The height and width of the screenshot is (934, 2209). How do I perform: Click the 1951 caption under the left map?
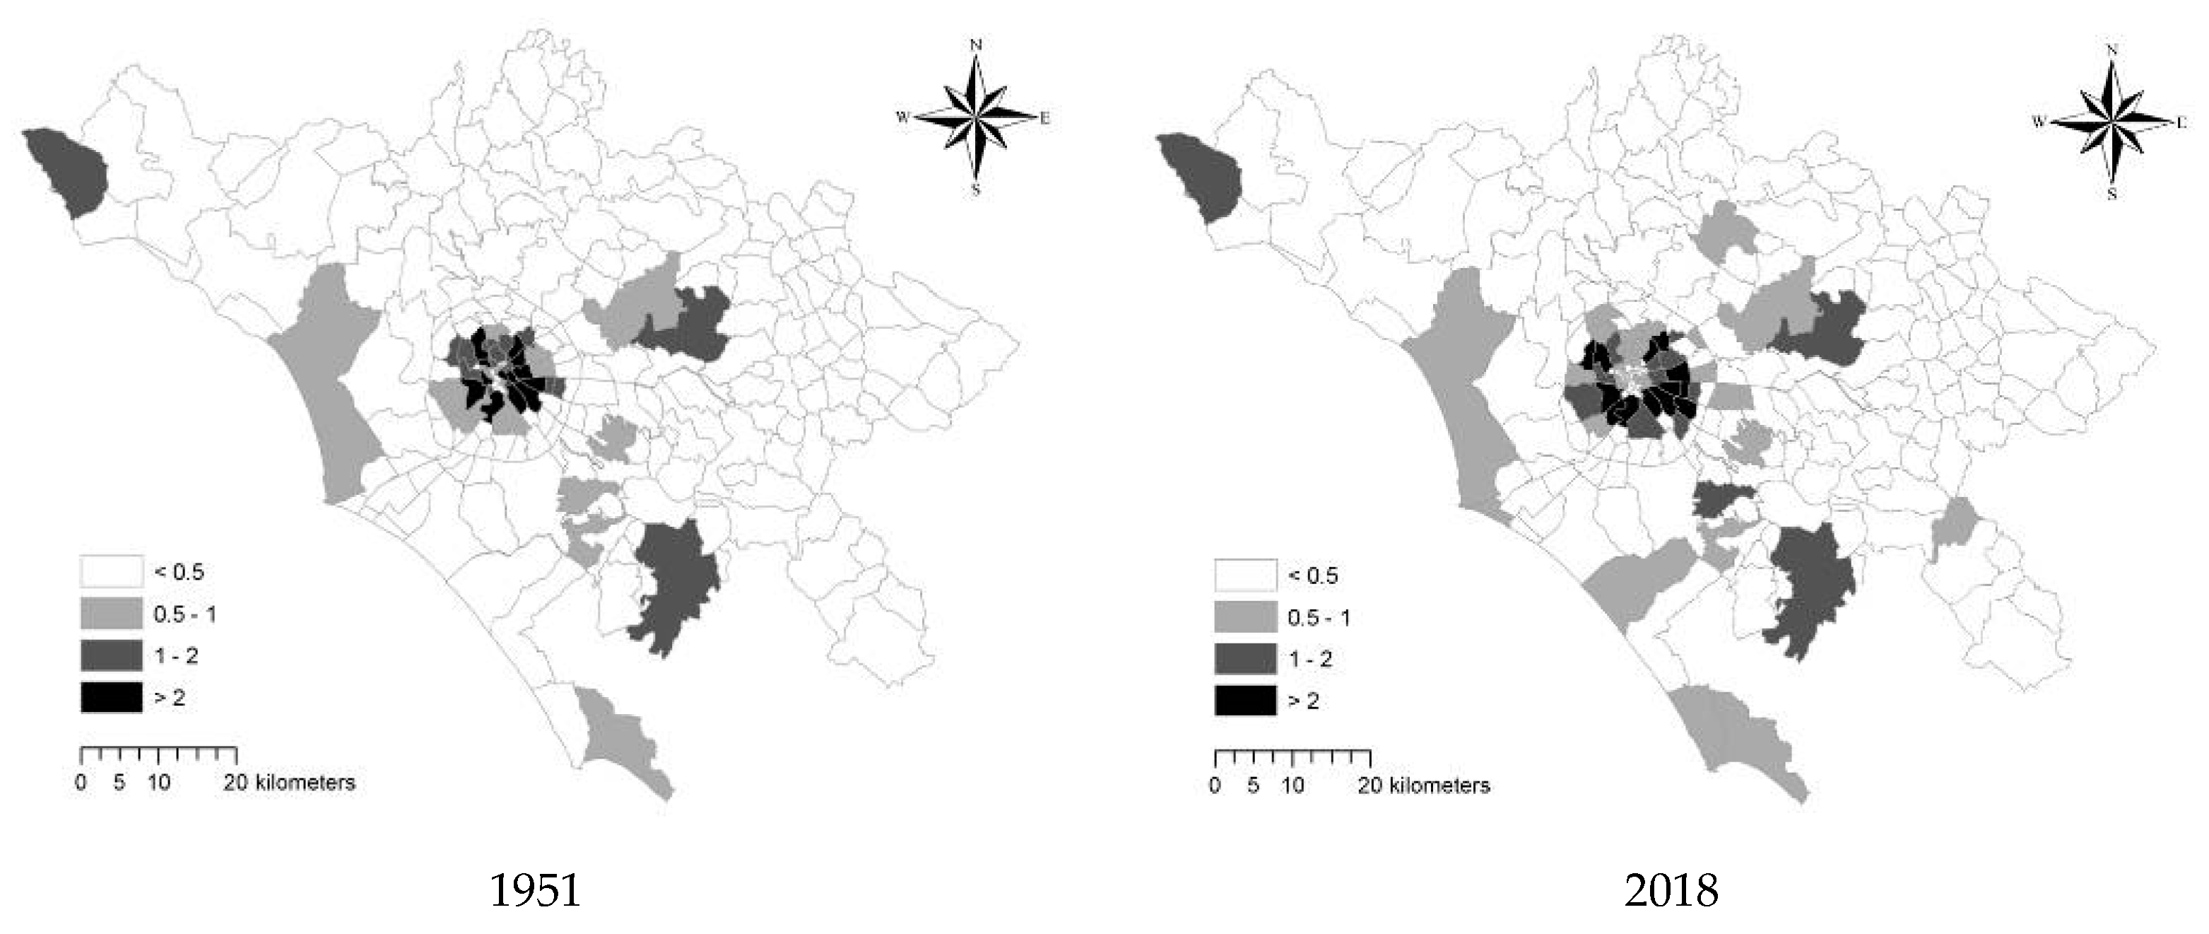click(x=535, y=890)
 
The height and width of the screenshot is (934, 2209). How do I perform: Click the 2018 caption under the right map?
click(x=1671, y=890)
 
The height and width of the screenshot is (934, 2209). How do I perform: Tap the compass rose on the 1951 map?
click(x=975, y=117)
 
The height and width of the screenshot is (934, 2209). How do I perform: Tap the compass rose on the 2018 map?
click(x=2110, y=122)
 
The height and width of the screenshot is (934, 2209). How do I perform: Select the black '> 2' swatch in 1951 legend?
click(x=112, y=697)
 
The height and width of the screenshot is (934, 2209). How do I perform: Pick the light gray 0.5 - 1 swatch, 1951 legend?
click(x=112, y=614)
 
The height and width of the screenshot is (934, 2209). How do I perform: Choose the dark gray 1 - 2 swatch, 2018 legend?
click(x=1245, y=659)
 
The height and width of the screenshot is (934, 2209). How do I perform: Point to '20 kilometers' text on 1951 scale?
click(x=290, y=782)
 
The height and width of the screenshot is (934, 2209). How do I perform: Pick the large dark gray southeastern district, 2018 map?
click(x=1808, y=592)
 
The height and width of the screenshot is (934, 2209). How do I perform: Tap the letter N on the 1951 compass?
click(x=975, y=45)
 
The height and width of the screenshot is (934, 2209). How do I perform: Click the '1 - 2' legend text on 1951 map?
click(x=176, y=656)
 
